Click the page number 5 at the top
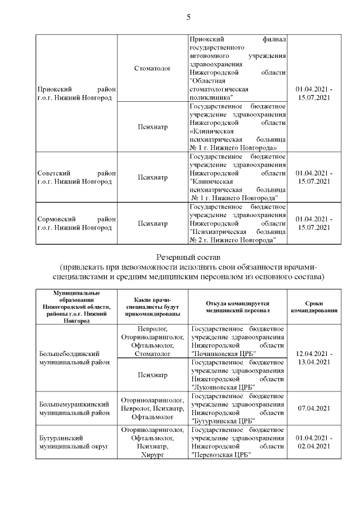(188, 17)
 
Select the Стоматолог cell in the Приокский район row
(152, 68)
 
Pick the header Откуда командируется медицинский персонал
(237, 306)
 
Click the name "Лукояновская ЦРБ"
(222, 387)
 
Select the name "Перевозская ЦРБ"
(220, 455)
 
